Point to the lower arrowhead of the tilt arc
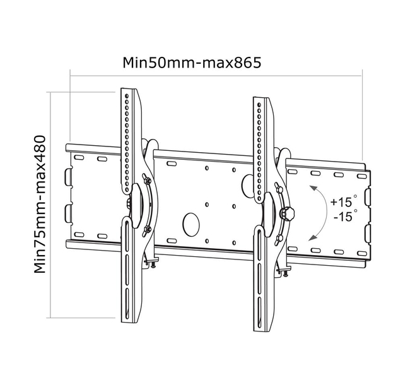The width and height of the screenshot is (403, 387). pyautogui.click(x=312, y=237)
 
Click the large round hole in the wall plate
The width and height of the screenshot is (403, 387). pyautogui.click(x=190, y=223)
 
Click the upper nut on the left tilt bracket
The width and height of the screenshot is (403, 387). pyautogui.click(x=147, y=182)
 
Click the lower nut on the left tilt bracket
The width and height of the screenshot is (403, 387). pyautogui.click(x=147, y=230)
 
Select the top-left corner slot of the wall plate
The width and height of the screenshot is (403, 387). pyautogui.click(x=79, y=155)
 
